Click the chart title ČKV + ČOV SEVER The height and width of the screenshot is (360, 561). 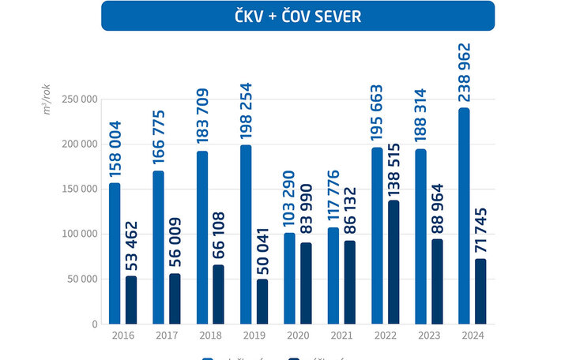[x=298, y=16]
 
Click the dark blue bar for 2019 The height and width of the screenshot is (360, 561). [x=262, y=301]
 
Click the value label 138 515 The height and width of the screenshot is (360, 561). [x=394, y=168]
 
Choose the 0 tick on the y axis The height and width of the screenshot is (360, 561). [x=94, y=324]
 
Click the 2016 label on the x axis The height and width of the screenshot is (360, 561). [x=123, y=335]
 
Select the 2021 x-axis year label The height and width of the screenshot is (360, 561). [x=341, y=335]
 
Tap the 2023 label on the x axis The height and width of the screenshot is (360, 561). [x=429, y=335]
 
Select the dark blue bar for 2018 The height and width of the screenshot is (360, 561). [x=219, y=294]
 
